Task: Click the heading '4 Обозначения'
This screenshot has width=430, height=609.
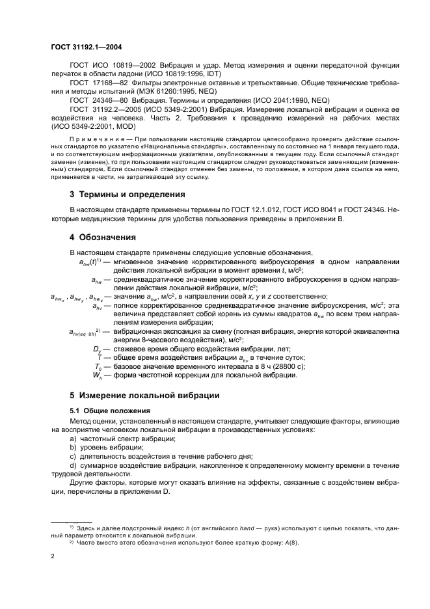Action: [x=102, y=237]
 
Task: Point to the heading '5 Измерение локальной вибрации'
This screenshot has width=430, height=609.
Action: [x=144, y=395]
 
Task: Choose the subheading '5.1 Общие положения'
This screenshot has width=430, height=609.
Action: [x=109, y=411]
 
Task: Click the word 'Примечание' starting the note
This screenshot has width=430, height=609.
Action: [x=91, y=140]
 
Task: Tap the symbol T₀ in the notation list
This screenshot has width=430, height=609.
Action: [x=98, y=366]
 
